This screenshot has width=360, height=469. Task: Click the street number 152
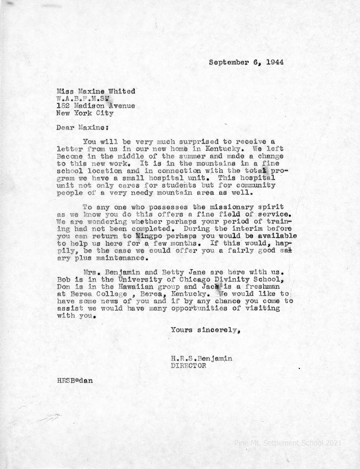62,106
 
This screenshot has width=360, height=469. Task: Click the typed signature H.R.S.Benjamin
201,358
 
